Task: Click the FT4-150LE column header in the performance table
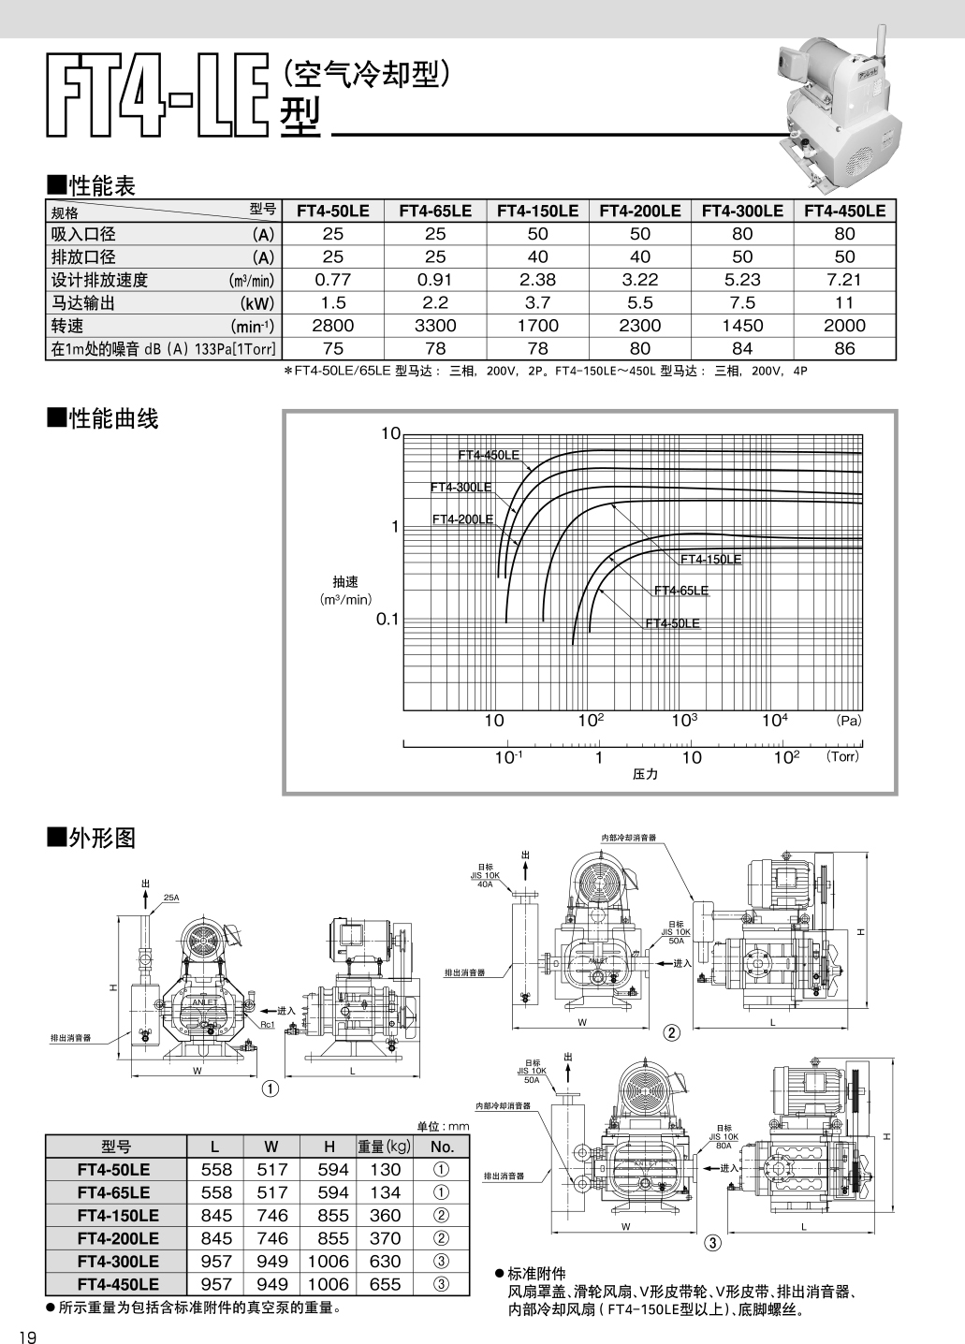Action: point(537,211)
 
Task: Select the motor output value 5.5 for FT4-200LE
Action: point(639,302)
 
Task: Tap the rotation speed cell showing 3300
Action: point(435,326)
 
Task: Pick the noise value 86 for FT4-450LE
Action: point(844,348)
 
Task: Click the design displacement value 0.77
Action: point(333,279)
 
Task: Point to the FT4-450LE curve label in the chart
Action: point(488,455)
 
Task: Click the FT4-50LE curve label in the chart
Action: point(672,623)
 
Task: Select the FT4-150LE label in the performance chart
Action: point(710,559)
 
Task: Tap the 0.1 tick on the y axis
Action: point(387,619)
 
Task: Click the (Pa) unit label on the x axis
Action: point(848,721)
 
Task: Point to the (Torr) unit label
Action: point(841,756)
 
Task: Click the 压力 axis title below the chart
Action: point(645,774)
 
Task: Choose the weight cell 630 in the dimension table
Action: point(385,1261)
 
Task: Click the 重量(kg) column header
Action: point(385,1147)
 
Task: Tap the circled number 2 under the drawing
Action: point(671,1033)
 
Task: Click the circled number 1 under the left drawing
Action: point(270,1088)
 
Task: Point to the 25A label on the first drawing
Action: point(171,898)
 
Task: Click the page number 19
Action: point(27,1337)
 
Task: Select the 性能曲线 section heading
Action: point(104,419)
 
